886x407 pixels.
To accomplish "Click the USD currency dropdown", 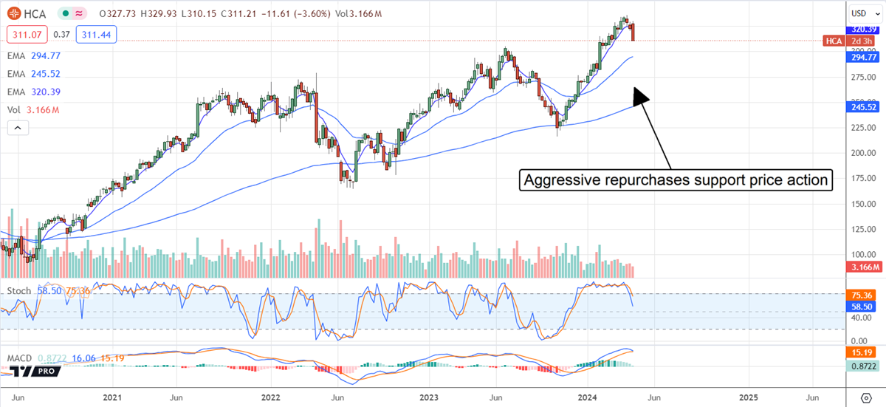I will point(859,13).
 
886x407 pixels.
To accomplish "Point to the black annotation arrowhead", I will point(639,94).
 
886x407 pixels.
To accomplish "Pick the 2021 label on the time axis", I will point(111,397).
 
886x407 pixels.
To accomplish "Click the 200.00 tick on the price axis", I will point(859,153).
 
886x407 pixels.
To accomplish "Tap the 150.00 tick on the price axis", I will point(859,204).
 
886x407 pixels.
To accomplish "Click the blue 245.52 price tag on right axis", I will point(861,107).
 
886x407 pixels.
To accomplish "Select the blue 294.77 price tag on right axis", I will point(861,57).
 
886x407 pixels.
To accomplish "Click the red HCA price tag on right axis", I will point(834,41).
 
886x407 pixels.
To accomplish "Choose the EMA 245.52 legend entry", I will point(34,74).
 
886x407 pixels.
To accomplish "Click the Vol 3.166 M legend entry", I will point(34,110).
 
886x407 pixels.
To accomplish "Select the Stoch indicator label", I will point(20,291).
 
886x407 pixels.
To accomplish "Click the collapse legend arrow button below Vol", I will point(18,128).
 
